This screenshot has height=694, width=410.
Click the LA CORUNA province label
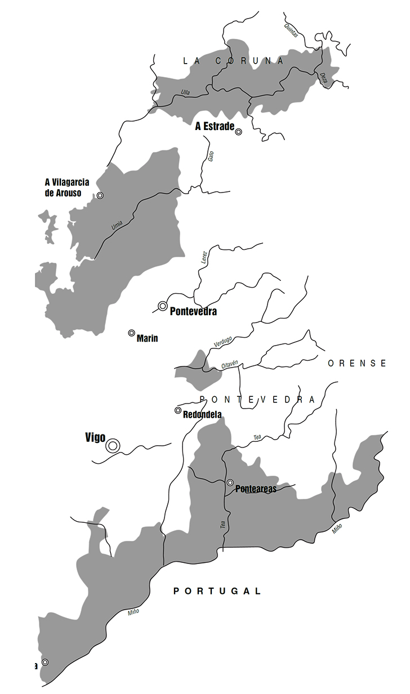click(x=234, y=61)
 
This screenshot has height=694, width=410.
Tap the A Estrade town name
click(x=215, y=127)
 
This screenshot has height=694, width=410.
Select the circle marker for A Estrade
click(x=238, y=132)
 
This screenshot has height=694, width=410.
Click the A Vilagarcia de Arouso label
click(x=67, y=187)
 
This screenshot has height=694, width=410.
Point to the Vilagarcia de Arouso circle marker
click(x=100, y=195)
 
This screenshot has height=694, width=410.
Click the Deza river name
click(x=323, y=78)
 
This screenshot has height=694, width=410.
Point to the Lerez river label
click(x=204, y=257)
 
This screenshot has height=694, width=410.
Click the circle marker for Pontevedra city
click(x=163, y=306)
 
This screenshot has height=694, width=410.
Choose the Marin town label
click(x=147, y=338)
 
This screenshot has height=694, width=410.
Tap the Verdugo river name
click(x=223, y=341)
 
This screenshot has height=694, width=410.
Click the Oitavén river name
click(x=230, y=365)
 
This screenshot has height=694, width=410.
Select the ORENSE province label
click(x=358, y=363)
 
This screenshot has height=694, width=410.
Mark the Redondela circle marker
click(x=178, y=410)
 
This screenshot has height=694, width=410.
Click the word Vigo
click(x=95, y=437)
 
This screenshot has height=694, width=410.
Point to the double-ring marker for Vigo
click(x=113, y=446)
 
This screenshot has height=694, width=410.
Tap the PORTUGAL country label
click(x=217, y=591)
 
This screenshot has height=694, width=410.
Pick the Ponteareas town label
click(x=256, y=489)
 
